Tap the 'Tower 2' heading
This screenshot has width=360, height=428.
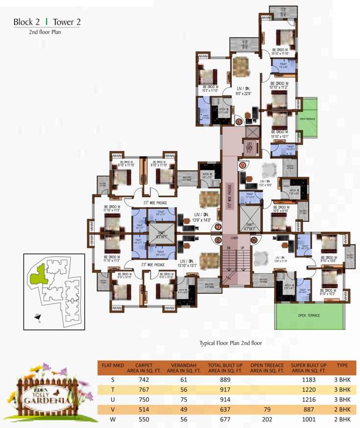(66, 22)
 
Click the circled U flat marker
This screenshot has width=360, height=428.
(239, 121)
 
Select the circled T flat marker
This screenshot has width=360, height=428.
(218, 226)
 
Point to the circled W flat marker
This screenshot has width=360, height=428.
(254, 240)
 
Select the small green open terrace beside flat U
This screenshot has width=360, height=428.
(309, 119)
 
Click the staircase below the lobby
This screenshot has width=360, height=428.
(235, 267)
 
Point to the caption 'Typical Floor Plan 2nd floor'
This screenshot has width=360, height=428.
(230, 343)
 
